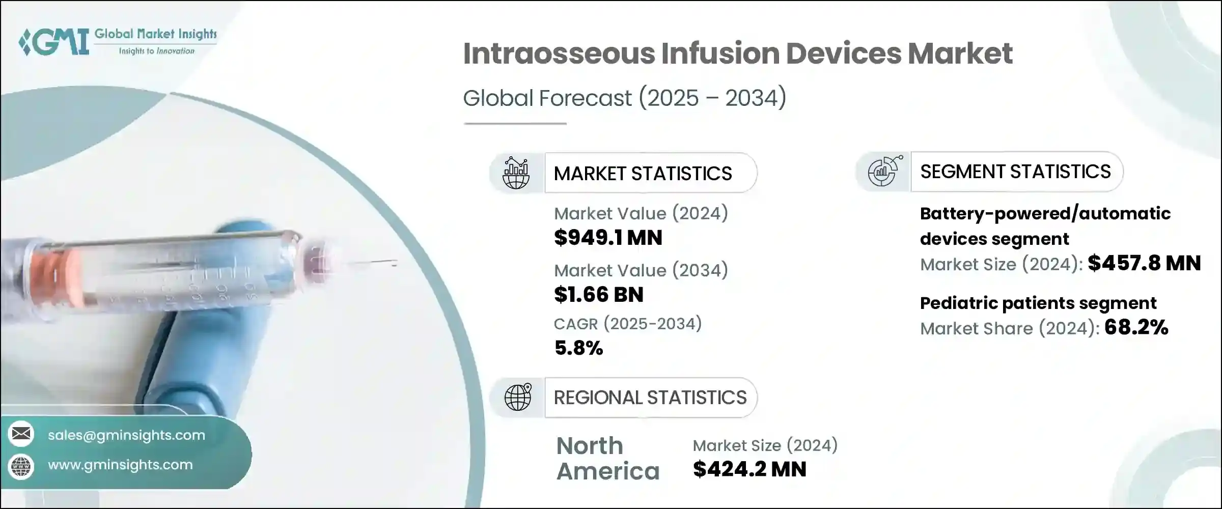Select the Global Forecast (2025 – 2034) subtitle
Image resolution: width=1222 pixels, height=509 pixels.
(x=624, y=98)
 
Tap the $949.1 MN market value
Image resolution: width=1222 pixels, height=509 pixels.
(x=608, y=238)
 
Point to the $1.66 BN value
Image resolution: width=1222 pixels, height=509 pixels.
(x=598, y=295)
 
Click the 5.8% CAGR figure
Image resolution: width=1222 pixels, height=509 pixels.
(x=578, y=348)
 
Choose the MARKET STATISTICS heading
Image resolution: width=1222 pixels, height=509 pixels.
(x=643, y=174)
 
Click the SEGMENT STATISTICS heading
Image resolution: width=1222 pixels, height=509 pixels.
(x=1015, y=172)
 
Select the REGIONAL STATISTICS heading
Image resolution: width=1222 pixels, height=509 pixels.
(x=650, y=398)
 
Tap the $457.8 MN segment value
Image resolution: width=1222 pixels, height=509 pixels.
(x=1144, y=263)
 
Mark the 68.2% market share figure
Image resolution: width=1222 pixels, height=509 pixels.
(x=1136, y=327)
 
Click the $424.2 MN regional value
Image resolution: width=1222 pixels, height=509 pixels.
(x=749, y=469)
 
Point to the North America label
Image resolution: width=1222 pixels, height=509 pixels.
(x=607, y=459)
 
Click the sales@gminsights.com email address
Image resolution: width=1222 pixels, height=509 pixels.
(x=126, y=435)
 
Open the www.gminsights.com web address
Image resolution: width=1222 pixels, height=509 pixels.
(x=120, y=465)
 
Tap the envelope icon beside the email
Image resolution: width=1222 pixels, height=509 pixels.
(x=21, y=434)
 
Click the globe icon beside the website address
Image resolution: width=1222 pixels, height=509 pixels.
(x=21, y=466)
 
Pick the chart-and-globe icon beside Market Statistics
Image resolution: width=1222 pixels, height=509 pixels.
(x=516, y=173)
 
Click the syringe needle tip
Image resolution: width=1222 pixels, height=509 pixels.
(x=394, y=263)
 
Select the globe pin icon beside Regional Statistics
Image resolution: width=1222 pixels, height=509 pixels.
(x=517, y=397)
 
